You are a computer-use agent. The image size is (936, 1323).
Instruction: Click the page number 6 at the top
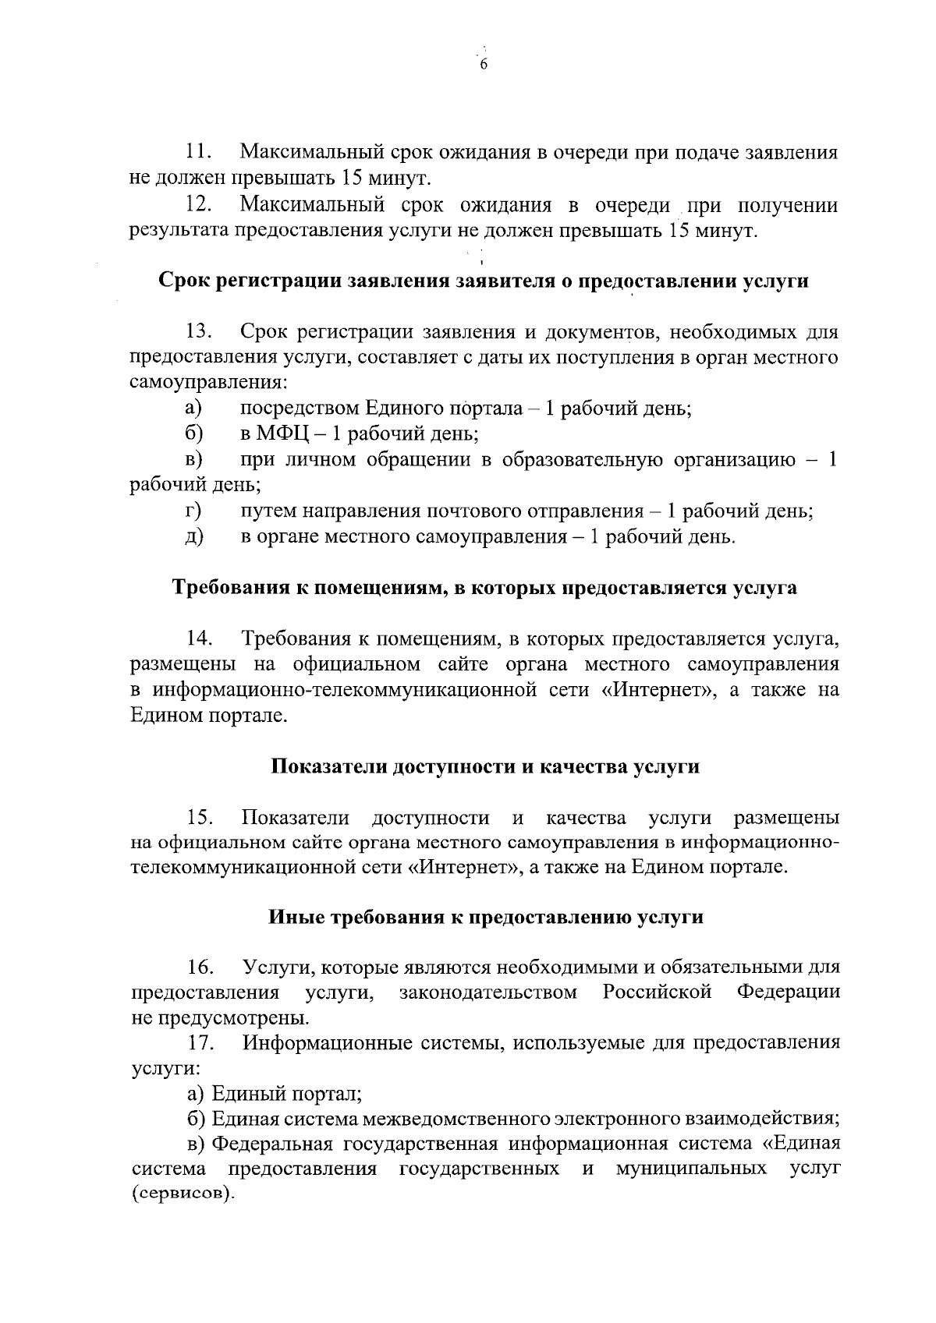(483, 65)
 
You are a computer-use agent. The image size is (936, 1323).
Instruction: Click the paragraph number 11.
(198, 151)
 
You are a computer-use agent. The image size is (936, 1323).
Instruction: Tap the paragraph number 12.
(198, 205)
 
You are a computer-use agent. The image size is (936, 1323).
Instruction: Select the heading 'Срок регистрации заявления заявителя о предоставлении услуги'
(484, 281)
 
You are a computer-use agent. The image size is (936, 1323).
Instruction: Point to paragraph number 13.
(200, 331)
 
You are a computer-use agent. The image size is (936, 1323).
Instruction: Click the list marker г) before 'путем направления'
(193, 511)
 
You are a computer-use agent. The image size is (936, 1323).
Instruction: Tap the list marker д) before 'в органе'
(193, 536)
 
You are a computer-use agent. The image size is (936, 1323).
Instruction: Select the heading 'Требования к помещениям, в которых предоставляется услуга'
(484, 587)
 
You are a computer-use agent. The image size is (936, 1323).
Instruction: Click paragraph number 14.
(200, 639)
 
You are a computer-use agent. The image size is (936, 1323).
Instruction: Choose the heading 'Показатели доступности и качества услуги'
(484, 766)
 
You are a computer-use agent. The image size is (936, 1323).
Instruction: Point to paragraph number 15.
(201, 818)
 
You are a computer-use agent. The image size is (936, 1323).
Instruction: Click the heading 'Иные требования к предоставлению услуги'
(485, 917)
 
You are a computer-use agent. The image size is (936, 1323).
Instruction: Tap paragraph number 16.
(201, 967)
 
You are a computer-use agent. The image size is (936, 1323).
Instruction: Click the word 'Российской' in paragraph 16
(657, 992)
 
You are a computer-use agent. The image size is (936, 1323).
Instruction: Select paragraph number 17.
(201, 1043)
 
